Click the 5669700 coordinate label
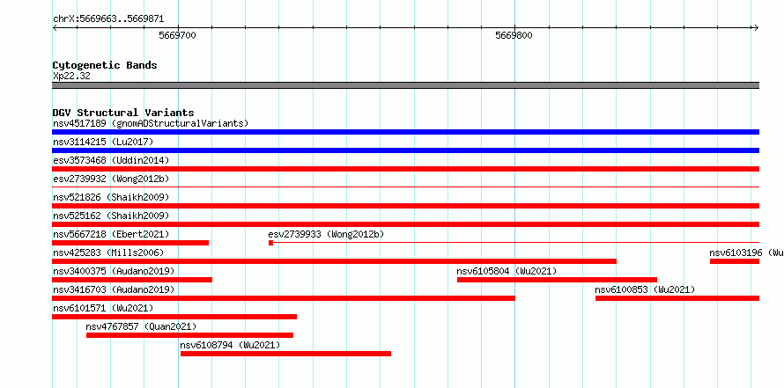pos(177,35)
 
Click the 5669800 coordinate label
pos(514,35)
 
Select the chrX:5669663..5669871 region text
pos(108,19)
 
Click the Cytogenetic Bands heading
pos(105,65)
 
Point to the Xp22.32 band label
pos(71,77)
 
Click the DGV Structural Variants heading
pos(123,113)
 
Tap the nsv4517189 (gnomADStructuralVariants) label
pos(151,123)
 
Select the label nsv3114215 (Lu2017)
pos(103,142)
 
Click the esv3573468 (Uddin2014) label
pos(111,160)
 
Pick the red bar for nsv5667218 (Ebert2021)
pos(130,243)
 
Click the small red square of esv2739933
pos(271,243)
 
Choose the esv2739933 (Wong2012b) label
pos(326,234)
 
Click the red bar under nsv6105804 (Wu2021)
pos(557,280)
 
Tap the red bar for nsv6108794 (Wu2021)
pos(285,354)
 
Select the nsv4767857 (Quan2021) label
pos(141,326)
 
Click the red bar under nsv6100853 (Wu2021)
pos(677,298)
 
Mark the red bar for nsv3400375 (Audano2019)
pos(132,280)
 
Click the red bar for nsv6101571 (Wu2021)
pos(174,317)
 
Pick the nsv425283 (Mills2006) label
pos(108,253)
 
